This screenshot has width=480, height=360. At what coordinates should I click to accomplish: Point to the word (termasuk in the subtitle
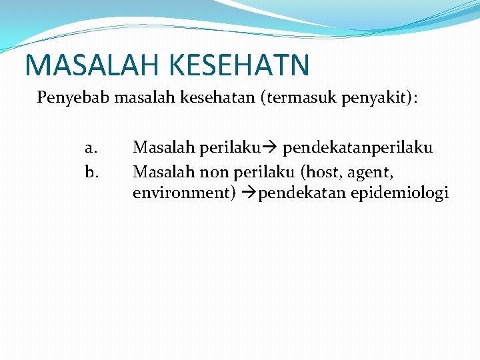pos(299,98)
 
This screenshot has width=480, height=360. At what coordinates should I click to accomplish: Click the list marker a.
pos(91,147)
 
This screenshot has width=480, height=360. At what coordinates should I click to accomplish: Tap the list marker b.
pos(91,173)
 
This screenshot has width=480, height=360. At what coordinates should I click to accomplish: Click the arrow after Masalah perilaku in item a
pos(269,147)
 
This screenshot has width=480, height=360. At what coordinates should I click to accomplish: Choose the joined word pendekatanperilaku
pos(358,147)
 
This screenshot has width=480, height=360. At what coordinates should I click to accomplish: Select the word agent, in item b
pos(371,173)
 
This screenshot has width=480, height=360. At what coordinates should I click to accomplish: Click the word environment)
pos(185,193)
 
